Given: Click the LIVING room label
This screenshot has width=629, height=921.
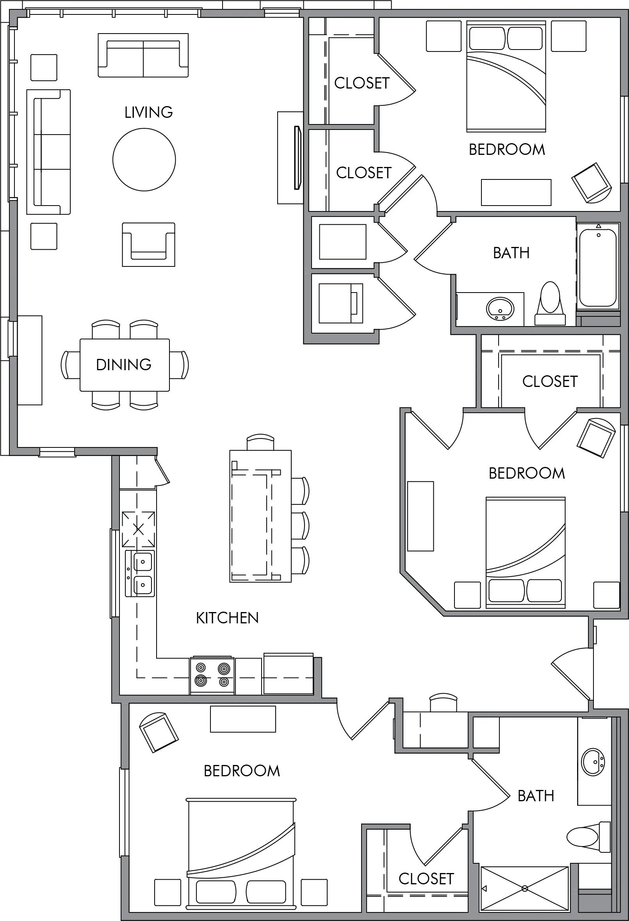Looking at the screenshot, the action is point(149,113).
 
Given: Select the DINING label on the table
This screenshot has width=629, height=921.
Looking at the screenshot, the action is point(124,365).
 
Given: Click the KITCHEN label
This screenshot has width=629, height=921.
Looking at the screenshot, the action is point(227,618).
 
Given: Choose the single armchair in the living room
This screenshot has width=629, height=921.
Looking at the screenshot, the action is point(148,244).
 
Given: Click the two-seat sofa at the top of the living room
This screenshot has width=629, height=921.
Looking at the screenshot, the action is point(143,55).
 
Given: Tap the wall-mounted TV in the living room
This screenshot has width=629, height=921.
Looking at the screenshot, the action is point(297,157).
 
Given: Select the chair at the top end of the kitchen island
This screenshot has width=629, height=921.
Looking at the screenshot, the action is point(260,442).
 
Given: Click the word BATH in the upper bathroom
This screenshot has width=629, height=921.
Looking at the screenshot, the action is point(511,253).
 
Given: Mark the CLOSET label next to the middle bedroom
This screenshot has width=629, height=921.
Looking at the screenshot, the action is point(550,381).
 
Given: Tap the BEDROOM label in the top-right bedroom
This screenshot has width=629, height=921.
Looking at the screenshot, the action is point(507,149).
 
